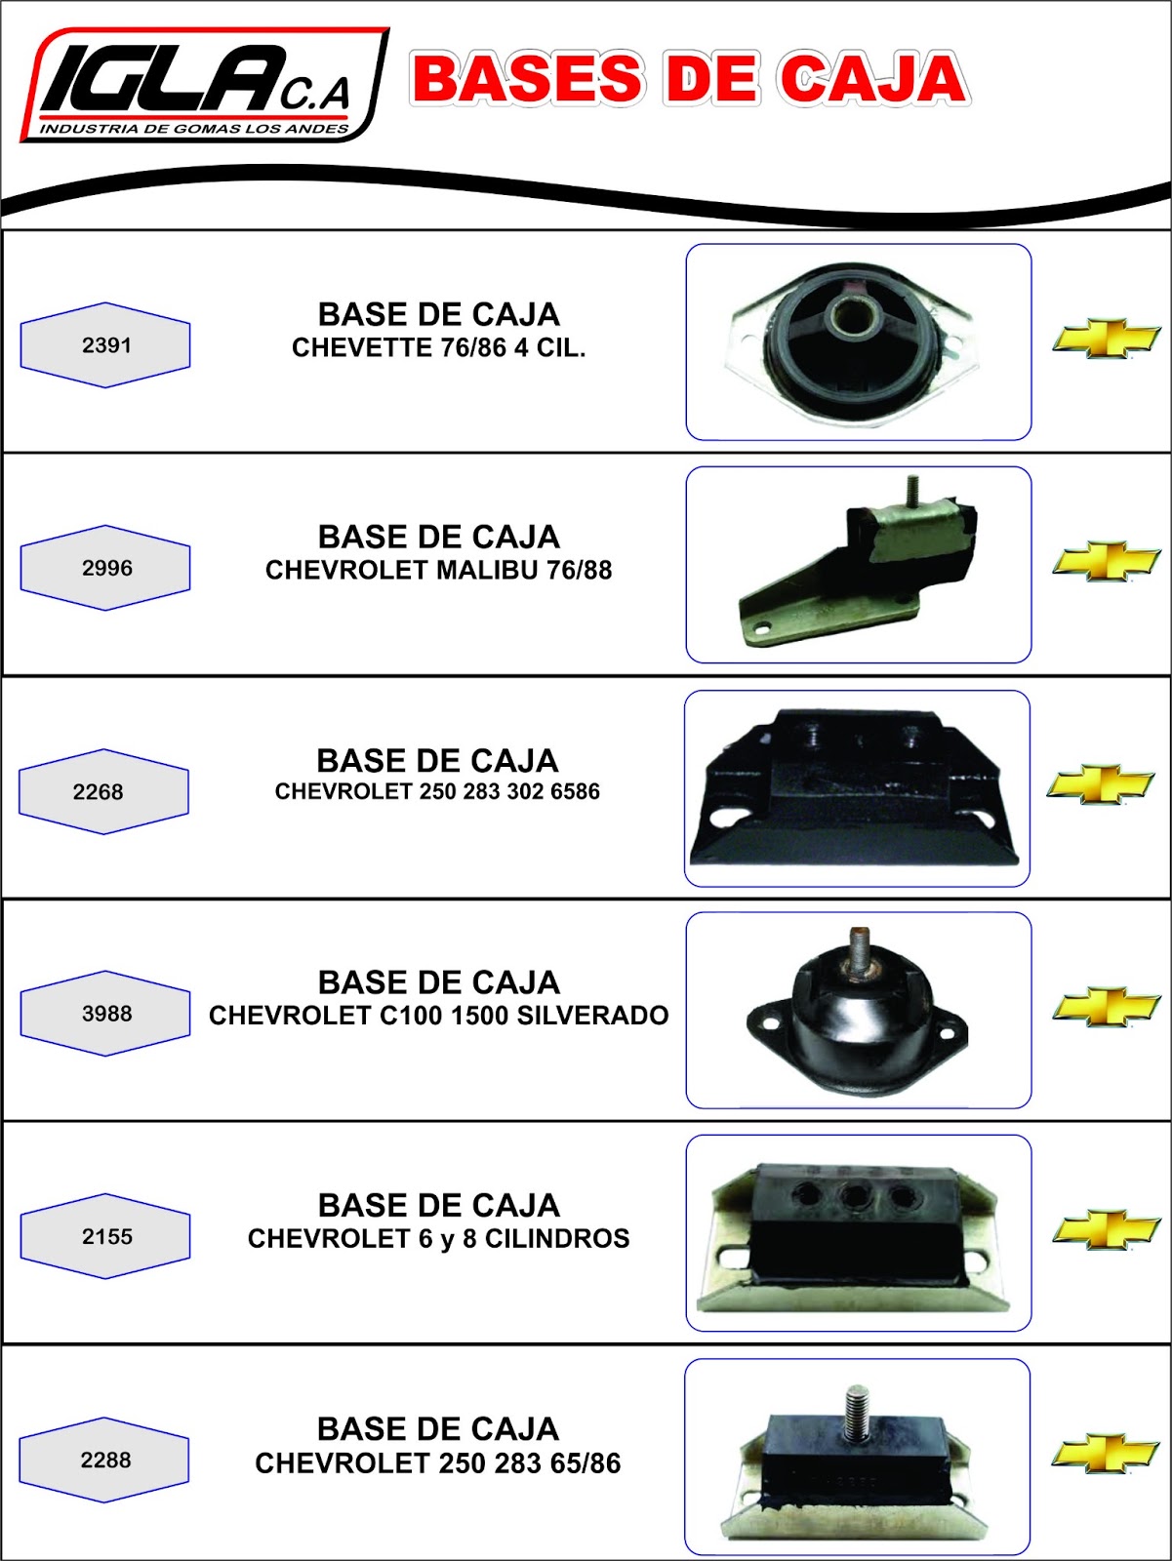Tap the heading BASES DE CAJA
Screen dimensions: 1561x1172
(x=689, y=79)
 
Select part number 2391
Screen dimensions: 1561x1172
(x=106, y=345)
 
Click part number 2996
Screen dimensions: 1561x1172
(x=106, y=568)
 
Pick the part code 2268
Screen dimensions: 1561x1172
(x=99, y=792)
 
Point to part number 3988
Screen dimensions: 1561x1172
(x=106, y=1014)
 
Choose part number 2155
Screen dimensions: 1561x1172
(x=106, y=1237)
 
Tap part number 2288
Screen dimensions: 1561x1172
(x=105, y=1461)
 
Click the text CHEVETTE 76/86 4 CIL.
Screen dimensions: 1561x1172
(x=439, y=348)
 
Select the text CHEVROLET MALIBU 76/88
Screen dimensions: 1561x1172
(x=439, y=571)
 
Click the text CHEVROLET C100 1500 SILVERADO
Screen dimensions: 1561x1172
(x=439, y=1017)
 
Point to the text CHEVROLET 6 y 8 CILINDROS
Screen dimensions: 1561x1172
(x=439, y=1239)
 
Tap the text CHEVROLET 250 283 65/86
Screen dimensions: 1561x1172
(x=438, y=1463)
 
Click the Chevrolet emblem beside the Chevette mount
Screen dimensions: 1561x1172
(x=1106, y=339)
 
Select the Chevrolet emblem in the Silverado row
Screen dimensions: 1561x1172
(x=1106, y=1007)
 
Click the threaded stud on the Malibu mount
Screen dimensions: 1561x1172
(x=913, y=490)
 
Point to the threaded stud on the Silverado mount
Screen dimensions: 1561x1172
(x=859, y=948)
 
